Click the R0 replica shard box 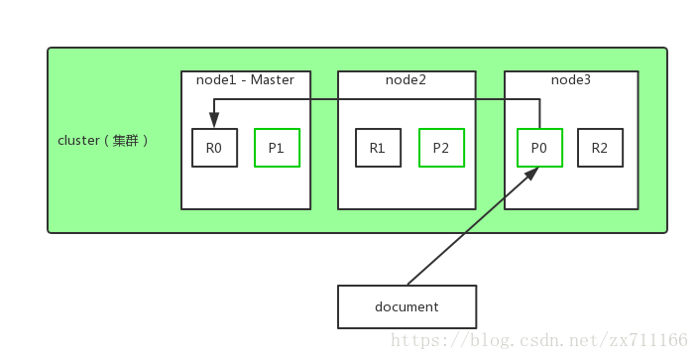(214, 148)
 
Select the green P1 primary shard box (277, 148)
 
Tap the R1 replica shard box (378, 148)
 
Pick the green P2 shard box (440, 148)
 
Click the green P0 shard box (539, 148)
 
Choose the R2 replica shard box (600, 148)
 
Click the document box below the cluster (407, 306)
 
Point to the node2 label (406, 79)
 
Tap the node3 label (570, 79)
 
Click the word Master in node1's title (272, 79)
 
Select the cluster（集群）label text (103, 141)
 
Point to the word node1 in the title (216, 79)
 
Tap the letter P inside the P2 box (436, 148)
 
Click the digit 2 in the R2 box (605, 148)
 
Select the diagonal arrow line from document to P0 (471, 227)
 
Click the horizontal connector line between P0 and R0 (377, 99)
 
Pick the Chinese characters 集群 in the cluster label (126, 141)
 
